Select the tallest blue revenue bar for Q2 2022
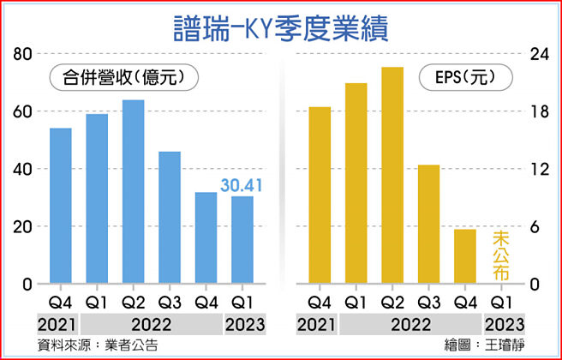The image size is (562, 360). (133, 192)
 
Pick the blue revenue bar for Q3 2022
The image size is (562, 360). (170, 218)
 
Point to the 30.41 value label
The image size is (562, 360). (242, 185)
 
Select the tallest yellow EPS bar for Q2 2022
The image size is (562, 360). (392, 175)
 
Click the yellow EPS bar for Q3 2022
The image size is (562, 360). (428, 224)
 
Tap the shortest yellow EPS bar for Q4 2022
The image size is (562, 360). (464, 256)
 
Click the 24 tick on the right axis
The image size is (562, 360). (536, 54)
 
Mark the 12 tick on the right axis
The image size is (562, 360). (536, 169)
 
